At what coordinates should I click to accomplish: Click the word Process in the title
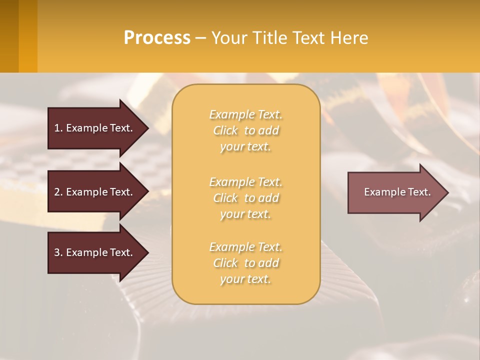coord(157,38)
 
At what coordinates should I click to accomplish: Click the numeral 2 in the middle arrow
coord(57,192)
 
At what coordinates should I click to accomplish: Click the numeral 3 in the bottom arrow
coord(57,252)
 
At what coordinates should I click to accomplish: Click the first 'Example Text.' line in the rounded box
coord(245,114)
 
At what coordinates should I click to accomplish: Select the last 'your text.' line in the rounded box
coord(245,279)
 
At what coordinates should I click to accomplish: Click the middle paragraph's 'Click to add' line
coord(245,198)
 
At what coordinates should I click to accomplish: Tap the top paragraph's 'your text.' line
coord(245,147)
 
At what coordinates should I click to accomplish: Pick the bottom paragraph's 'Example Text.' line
coord(245,247)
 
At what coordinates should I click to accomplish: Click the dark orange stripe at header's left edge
coord(9,36)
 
